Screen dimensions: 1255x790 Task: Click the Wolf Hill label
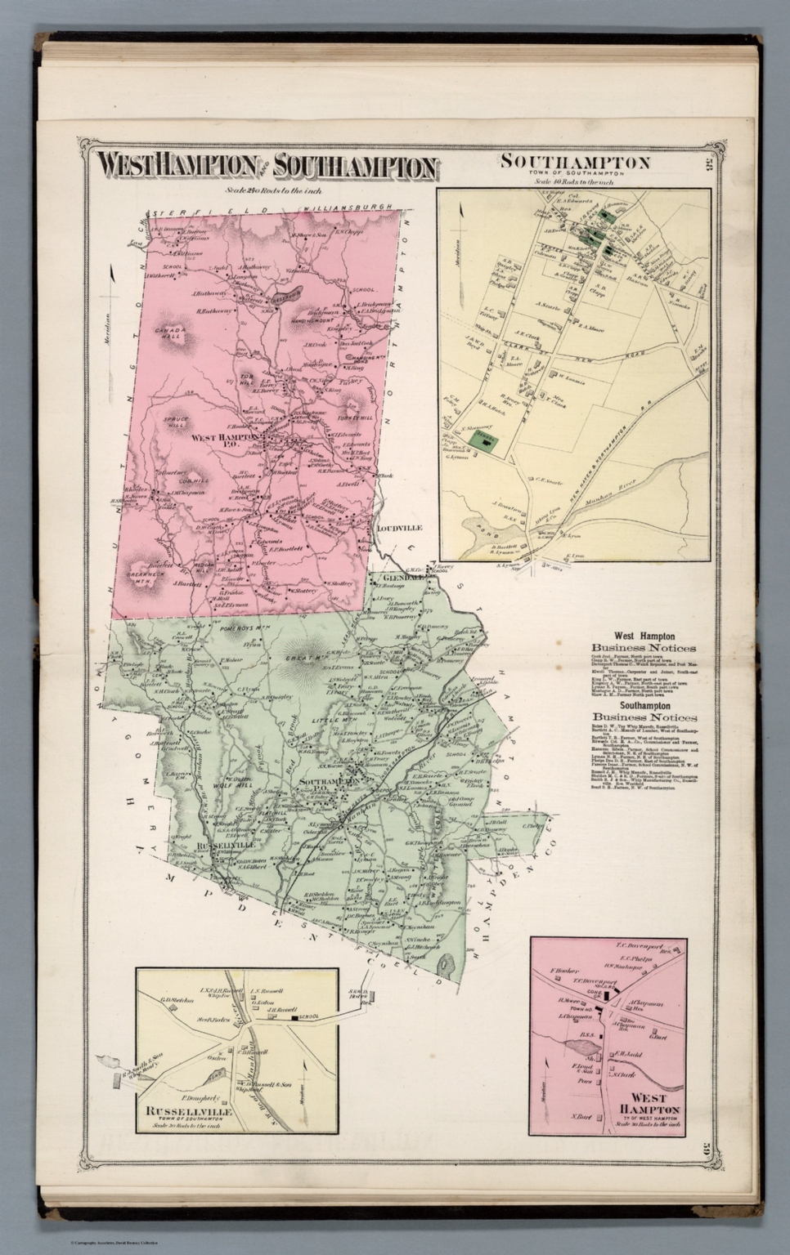pyautogui.click(x=212, y=766)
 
